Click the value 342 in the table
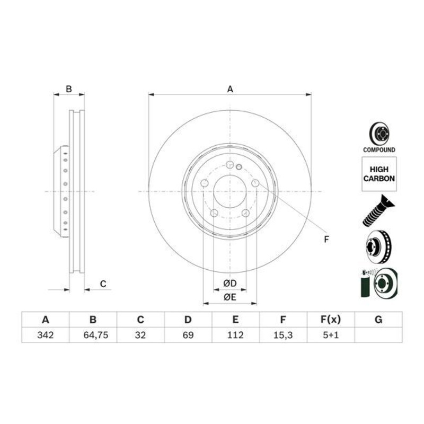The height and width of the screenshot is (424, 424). (x=45, y=335)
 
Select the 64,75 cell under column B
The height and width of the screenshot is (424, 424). (x=93, y=335)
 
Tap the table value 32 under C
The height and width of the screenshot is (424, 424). (x=140, y=335)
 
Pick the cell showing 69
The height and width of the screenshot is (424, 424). (x=188, y=335)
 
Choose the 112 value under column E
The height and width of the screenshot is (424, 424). (x=235, y=335)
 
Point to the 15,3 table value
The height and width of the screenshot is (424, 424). (x=283, y=335)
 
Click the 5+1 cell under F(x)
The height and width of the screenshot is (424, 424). (x=330, y=335)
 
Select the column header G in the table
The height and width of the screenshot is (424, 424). (x=378, y=320)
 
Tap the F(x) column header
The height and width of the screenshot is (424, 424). (x=330, y=320)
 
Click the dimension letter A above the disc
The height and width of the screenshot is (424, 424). (x=230, y=90)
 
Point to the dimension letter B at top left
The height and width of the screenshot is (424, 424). (x=68, y=89)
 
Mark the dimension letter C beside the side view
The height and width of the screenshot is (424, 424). (x=103, y=285)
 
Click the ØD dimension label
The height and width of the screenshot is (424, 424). (x=229, y=283)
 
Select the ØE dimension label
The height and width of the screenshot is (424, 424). (x=229, y=297)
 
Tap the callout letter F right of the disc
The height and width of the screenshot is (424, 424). (x=326, y=240)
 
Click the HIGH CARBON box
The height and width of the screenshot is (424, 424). (x=379, y=174)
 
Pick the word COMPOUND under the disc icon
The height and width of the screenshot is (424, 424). (x=379, y=151)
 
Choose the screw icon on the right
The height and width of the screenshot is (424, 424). (x=377, y=210)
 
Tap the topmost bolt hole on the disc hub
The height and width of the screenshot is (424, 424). (x=229, y=165)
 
